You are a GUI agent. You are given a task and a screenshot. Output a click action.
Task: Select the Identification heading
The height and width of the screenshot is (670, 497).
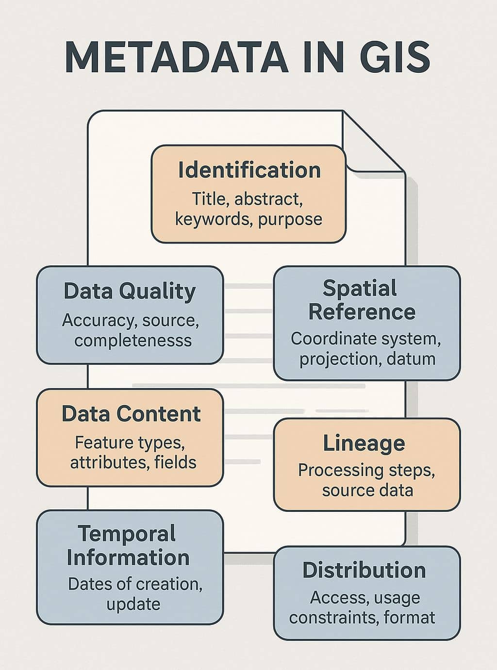coord(249,170)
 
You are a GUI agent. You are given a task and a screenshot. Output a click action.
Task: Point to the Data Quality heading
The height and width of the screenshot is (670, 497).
coord(130,291)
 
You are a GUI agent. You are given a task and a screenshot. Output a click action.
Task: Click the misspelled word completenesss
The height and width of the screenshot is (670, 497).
coord(133,340)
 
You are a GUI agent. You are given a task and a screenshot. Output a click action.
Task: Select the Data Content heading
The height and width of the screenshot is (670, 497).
coord(131,414)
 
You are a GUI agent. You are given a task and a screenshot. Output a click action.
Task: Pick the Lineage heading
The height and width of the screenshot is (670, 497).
coord(364,443)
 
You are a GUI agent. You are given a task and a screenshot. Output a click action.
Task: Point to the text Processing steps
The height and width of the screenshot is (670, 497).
coord(366,470)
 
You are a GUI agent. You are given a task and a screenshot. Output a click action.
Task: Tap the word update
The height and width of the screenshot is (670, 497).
coord(133,604)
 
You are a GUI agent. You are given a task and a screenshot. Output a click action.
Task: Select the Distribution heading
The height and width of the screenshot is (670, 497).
coord(364,570)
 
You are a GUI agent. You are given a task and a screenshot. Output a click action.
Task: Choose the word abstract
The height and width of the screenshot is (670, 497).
coord(268,199)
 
